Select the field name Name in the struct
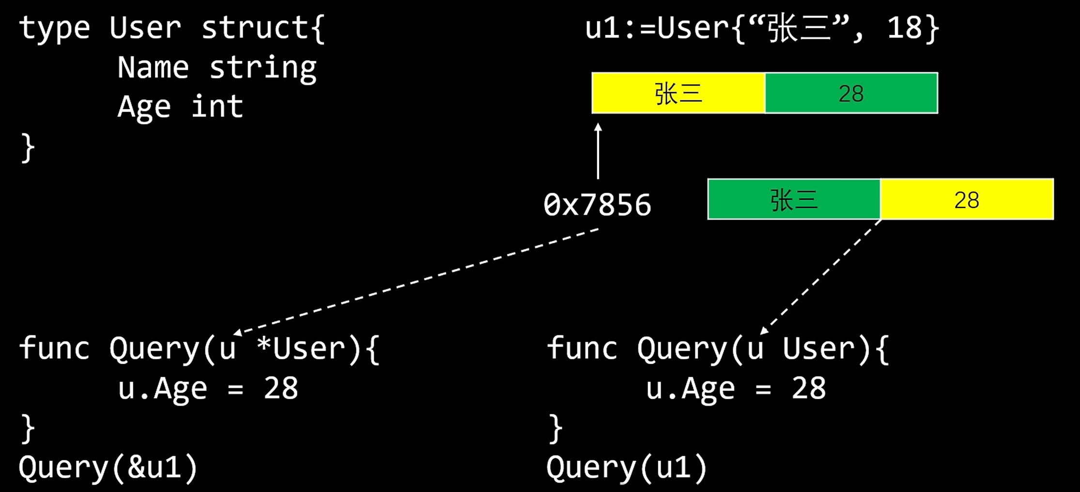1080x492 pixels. (x=153, y=67)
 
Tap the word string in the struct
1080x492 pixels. (x=263, y=68)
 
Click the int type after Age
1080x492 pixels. (x=217, y=106)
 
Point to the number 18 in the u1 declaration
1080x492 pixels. (x=904, y=28)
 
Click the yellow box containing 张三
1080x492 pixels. (x=678, y=93)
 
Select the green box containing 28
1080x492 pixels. (x=851, y=93)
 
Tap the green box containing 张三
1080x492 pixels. (x=794, y=199)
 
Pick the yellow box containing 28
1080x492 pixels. (x=967, y=199)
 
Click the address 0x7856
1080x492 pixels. (x=597, y=205)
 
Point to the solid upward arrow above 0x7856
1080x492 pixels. (x=598, y=151)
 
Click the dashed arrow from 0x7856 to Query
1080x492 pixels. (x=417, y=281)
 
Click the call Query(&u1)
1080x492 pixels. (x=108, y=468)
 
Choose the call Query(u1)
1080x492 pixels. (x=627, y=468)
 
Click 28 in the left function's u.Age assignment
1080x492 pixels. (x=281, y=388)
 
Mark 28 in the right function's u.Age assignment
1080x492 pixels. (x=808, y=388)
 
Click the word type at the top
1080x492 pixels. (x=54, y=28)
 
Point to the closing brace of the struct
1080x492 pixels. (x=28, y=148)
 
